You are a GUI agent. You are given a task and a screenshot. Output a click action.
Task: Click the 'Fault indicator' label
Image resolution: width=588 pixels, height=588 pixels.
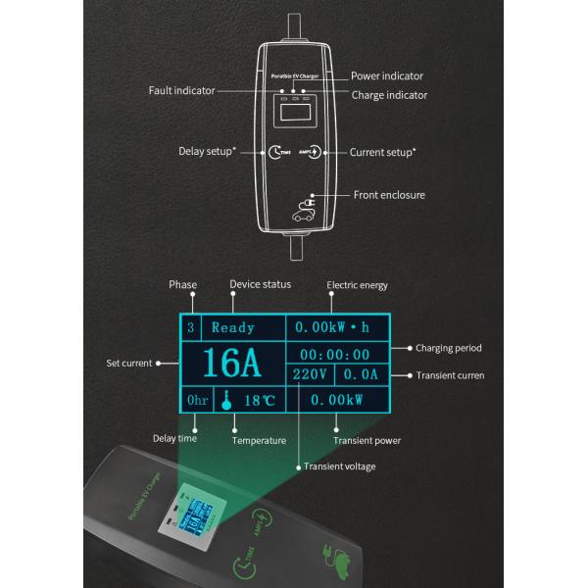click(181, 90)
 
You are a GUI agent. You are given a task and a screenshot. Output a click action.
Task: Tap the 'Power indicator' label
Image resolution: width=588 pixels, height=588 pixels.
click(387, 75)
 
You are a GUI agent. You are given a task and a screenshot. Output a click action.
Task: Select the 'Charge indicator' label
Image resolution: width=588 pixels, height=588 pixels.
click(389, 95)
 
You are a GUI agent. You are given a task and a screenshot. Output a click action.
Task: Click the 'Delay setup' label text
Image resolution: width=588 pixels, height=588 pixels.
click(207, 152)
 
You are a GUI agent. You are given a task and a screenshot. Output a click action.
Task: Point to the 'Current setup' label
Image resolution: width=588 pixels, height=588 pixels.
click(382, 152)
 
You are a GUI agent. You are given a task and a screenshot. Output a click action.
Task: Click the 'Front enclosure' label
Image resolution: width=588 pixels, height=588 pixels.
click(389, 195)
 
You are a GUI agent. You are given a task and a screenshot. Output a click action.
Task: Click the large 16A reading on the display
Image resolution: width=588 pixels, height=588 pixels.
click(232, 365)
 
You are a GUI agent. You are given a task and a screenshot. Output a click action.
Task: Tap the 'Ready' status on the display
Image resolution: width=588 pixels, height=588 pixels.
click(233, 328)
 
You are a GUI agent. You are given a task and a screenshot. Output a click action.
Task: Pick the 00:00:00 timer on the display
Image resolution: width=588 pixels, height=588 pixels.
click(334, 355)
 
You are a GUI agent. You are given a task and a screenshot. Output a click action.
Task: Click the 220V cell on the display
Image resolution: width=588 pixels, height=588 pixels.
click(311, 375)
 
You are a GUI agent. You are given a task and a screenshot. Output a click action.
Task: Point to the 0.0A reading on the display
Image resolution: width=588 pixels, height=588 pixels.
click(360, 375)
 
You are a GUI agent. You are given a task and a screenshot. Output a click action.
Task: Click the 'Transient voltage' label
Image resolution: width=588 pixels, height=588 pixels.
click(339, 466)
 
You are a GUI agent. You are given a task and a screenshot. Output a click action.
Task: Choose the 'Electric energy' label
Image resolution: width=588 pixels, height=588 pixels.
click(357, 285)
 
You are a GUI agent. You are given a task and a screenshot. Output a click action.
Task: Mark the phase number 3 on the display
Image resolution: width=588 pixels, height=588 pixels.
click(190, 328)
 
